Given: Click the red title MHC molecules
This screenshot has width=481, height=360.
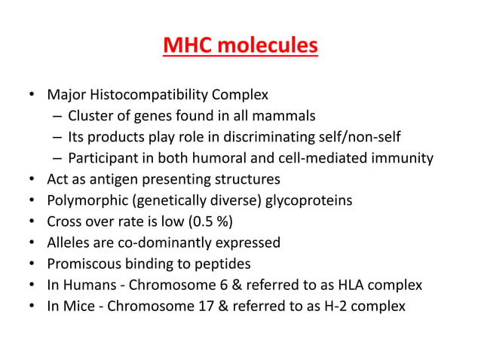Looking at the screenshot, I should click(x=240, y=47).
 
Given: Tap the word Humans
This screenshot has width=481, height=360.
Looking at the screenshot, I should click(x=87, y=285).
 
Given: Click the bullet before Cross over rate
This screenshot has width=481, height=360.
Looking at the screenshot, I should click(x=29, y=221).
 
